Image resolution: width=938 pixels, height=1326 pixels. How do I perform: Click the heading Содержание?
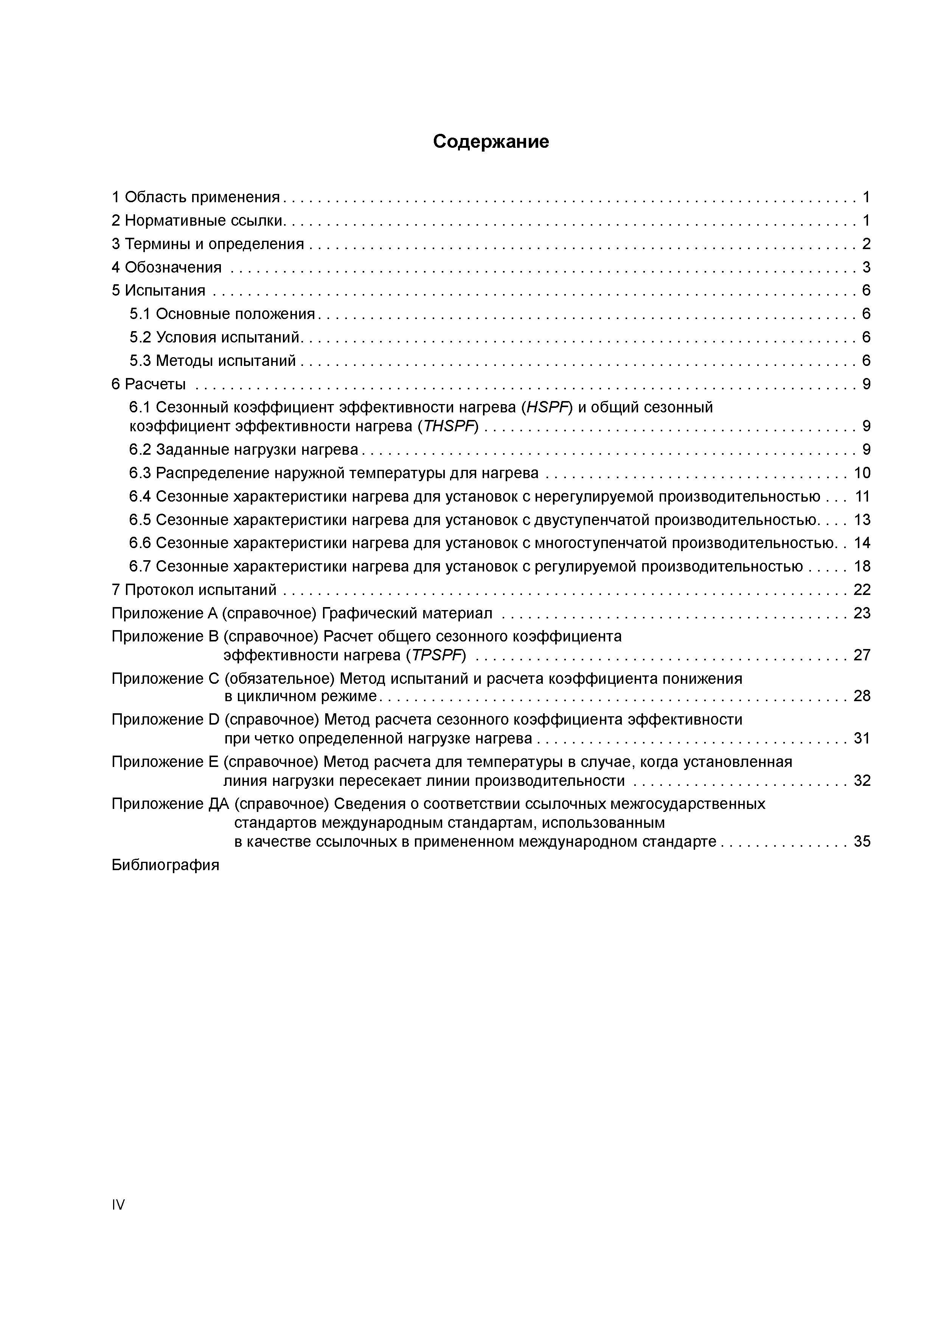tap(491, 141)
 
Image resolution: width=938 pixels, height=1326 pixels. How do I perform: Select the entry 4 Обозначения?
tap(166, 267)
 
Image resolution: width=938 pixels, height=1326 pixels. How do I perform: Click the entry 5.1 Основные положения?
tap(222, 314)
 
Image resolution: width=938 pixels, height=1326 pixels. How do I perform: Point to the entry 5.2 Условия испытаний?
tap(214, 337)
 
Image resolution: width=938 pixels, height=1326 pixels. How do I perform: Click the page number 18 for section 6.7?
tap(862, 567)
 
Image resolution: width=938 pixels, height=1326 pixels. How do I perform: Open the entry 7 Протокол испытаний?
tap(194, 590)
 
